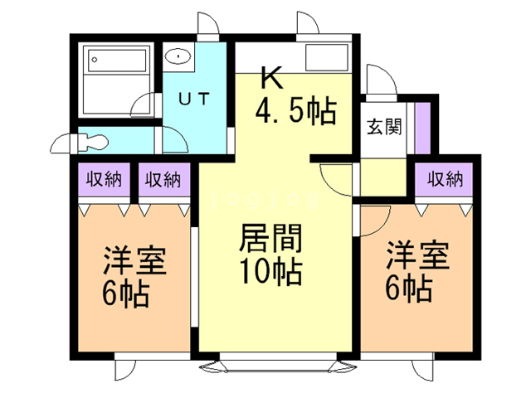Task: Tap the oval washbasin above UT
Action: coord(178,56)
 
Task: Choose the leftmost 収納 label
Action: coord(100,178)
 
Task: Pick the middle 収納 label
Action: coord(161,178)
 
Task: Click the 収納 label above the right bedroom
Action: coord(445,178)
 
